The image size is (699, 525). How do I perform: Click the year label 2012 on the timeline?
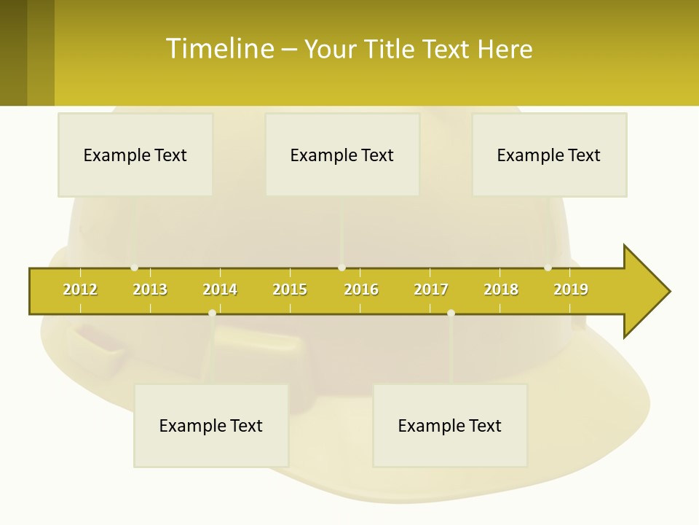80,289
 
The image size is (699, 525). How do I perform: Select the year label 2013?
150,289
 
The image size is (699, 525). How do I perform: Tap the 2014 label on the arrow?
220,289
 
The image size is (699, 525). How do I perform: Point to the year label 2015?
290,289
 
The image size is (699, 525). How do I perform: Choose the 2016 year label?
361,289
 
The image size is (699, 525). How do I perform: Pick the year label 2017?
431,289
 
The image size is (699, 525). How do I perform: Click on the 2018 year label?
501,289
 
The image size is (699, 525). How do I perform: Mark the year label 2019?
571,289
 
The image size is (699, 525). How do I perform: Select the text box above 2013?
135,155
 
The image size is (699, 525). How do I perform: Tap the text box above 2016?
342,155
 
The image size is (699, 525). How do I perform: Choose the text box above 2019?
549,155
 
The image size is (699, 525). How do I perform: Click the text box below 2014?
211,425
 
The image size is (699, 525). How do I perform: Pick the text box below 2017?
450,425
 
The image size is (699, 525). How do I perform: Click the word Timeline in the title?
218,49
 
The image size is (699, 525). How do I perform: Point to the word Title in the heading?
390,49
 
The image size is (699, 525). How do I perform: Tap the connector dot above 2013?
134,268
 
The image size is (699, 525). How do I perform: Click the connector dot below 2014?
212,313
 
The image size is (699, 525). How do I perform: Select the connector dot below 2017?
451,313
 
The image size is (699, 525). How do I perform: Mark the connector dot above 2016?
341,268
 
